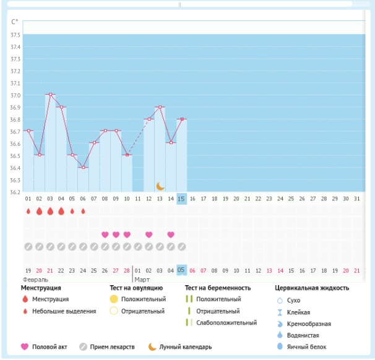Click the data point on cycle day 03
pyautogui.click(x=50, y=95)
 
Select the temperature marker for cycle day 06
pyautogui.click(x=83, y=168)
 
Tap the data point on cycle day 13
pyautogui.click(x=160, y=107)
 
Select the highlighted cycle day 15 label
pyautogui.click(x=181, y=199)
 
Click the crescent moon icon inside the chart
pyautogui.click(x=160, y=186)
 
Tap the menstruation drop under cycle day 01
pyautogui.click(x=28, y=212)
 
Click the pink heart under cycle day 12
pyautogui.click(x=149, y=234)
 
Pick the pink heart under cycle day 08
pyautogui.click(x=105, y=234)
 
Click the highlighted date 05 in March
pyautogui.click(x=181, y=270)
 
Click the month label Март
pyautogui.click(x=142, y=280)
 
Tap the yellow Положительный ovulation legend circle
pyautogui.click(x=113, y=299)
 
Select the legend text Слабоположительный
pyautogui.click(x=226, y=323)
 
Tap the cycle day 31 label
pyautogui.click(x=356, y=199)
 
